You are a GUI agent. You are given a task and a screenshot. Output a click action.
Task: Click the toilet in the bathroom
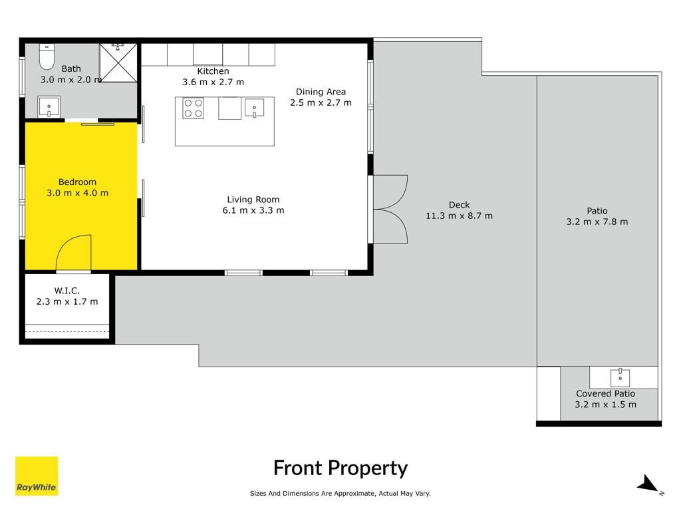click(x=47, y=56)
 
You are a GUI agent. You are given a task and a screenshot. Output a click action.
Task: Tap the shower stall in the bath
click(x=118, y=63)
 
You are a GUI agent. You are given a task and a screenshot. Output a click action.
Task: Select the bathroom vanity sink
click(x=49, y=106)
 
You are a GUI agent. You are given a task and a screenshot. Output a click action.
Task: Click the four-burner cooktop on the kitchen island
click(x=194, y=108)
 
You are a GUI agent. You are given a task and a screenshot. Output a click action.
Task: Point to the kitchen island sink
click(x=254, y=108)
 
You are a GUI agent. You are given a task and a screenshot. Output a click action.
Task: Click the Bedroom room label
click(x=77, y=182)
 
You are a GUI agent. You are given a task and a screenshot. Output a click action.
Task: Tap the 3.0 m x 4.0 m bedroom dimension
click(x=77, y=193)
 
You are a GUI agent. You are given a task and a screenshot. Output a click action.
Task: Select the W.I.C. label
click(x=67, y=290)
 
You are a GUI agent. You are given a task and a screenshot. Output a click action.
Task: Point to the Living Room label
click(x=253, y=200)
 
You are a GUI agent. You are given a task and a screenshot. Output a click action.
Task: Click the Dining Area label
click(x=321, y=92)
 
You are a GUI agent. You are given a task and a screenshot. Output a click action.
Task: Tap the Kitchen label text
click(x=213, y=71)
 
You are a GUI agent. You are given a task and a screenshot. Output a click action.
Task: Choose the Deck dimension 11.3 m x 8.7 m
click(x=459, y=216)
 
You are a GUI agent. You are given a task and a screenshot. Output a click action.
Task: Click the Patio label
click(x=597, y=211)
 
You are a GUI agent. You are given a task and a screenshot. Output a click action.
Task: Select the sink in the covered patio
click(x=620, y=377)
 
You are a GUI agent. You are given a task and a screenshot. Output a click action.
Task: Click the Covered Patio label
click(x=605, y=394)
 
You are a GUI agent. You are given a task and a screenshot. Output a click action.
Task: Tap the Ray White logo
click(x=37, y=476)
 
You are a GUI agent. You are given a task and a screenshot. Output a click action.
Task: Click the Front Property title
click(x=340, y=468)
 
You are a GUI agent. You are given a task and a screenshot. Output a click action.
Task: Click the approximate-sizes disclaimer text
click(x=340, y=493)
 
